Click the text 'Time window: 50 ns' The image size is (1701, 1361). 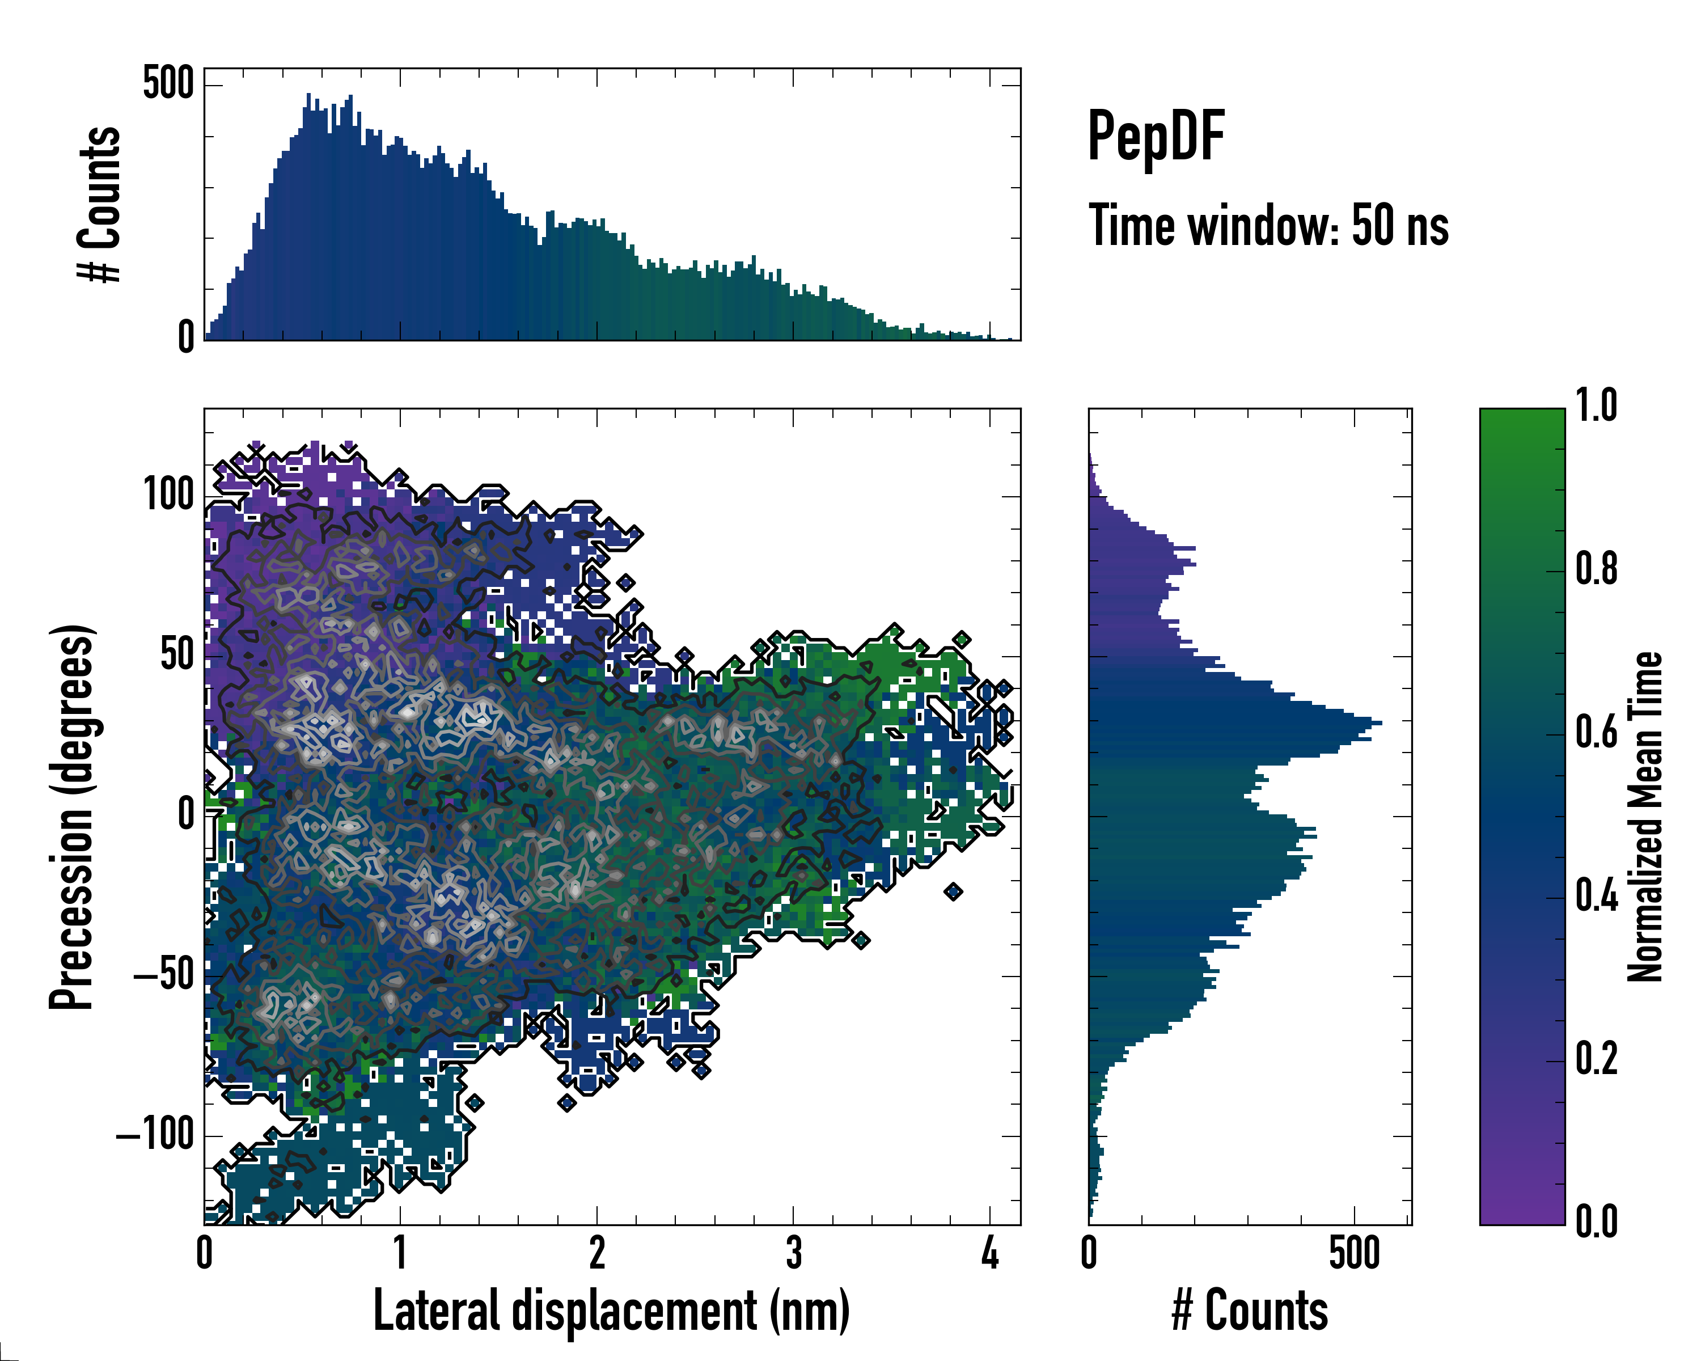click(1268, 226)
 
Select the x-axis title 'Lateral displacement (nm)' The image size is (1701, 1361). click(611, 1311)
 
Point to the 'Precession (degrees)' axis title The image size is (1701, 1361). click(73, 817)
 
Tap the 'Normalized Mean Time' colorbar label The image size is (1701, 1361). click(1645, 817)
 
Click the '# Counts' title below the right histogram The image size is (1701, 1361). click(1250, 1311)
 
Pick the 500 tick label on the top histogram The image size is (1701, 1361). click(168, 83)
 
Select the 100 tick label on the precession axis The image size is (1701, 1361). click(168, 496)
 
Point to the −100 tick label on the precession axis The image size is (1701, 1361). click(155, 1135)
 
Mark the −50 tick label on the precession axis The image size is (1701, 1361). click(164, 976)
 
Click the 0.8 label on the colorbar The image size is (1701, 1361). click(1596, 570)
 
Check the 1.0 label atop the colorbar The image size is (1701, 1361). click(1596, 407)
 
